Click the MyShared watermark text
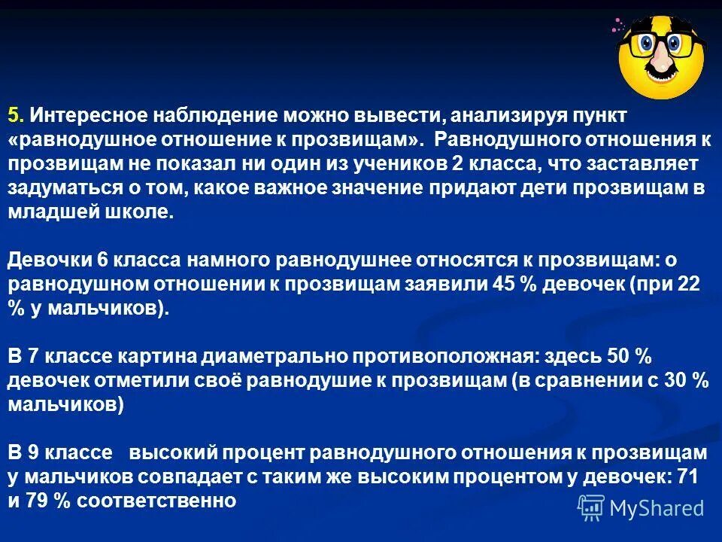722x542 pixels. click(656, 508)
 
